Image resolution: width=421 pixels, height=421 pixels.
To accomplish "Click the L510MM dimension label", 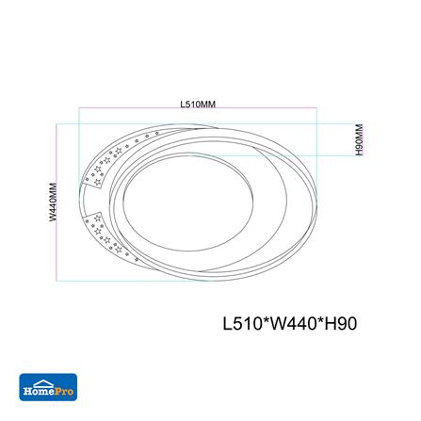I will [198, 103].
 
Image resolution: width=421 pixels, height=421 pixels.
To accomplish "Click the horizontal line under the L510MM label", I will [198, 109].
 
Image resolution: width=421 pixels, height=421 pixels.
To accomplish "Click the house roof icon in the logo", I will [47, 378].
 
